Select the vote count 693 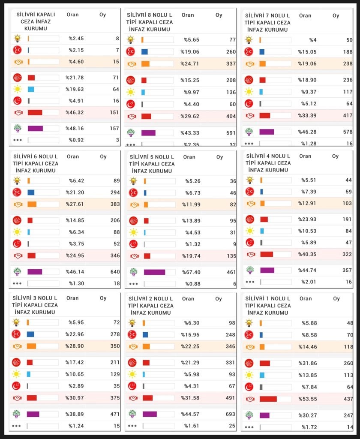click(x=230, y=414)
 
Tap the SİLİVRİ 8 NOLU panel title click(x=148, y=22)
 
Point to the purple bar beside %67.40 click(x=155, y=272)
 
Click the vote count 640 click(x=114, y=271)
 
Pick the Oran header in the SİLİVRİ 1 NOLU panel click(x=306, y=298)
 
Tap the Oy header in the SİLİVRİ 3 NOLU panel click(x=103, y=298)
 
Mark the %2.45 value click(x=76, y=39)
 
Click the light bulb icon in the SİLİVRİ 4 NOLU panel click(x=250, y=180)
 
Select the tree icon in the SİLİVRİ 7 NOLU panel click(x=249, y=132)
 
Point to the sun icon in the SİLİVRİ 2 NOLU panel click(x=132, y=374)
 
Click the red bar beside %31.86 click(x=265, y=363)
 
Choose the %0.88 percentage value click(x=193, y=284)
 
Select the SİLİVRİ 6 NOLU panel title click(x=36, y=163)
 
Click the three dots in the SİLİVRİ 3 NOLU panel click(x=16, y=426)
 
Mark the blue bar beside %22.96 click(x=30, y=334)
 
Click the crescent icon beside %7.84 click(x=249, y=387)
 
